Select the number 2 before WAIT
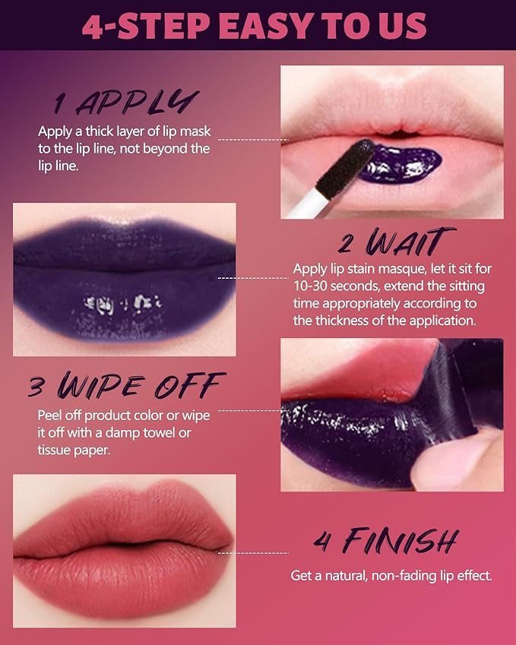[347, 245]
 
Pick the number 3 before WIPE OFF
[36, 387]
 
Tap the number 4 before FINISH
[321, 542]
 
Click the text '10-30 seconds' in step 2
[331, 286]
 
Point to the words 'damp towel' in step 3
[146, 432]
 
